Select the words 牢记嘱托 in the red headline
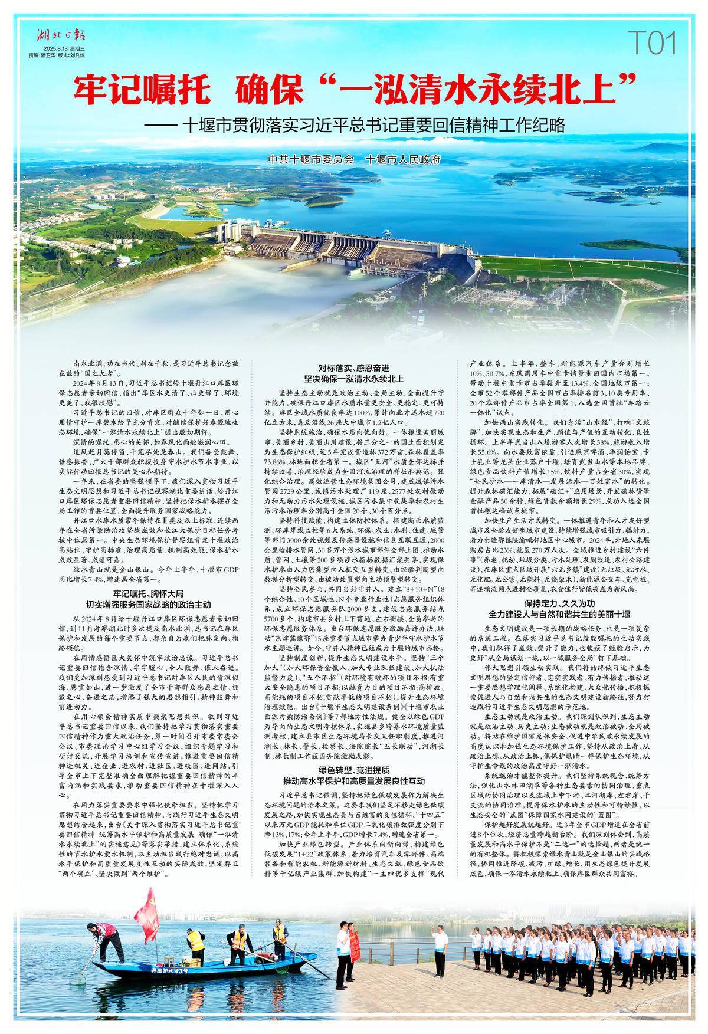coord(142,90)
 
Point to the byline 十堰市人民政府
coord(403,160)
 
